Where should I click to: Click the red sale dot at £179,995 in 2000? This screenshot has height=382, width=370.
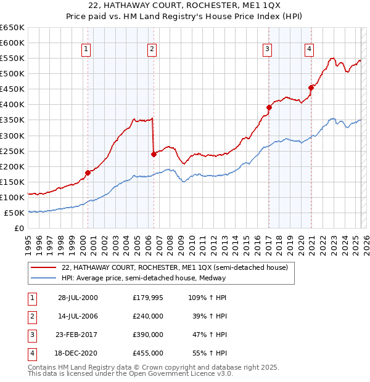click(88, 173)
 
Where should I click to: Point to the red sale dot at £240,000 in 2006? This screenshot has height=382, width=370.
click(154, 154)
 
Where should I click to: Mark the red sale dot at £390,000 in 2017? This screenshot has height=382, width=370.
click(269, 107)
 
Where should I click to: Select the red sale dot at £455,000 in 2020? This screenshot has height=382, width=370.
click(311, 87)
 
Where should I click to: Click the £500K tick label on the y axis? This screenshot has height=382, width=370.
click(13, 73)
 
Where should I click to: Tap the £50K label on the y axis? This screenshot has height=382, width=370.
click(15, 213)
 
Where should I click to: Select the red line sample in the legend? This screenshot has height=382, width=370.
click(43, 267)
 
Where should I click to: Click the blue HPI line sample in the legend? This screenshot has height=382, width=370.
click(43, 278)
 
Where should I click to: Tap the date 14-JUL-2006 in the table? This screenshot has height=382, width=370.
click(78, 315)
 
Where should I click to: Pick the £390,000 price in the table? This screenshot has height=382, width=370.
click(148, 335)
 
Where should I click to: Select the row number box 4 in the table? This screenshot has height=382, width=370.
click(31, 353)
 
